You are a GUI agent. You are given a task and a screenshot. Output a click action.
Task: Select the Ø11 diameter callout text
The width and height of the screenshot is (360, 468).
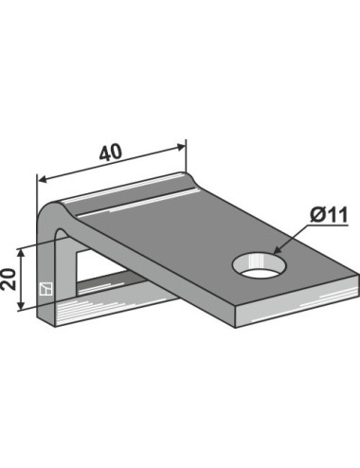(x=323, y=217)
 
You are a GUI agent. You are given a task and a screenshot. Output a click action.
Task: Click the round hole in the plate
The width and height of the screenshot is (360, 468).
(x=257, y=262)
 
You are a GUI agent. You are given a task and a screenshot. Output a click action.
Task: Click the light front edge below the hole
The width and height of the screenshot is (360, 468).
(x=284, y=305)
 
